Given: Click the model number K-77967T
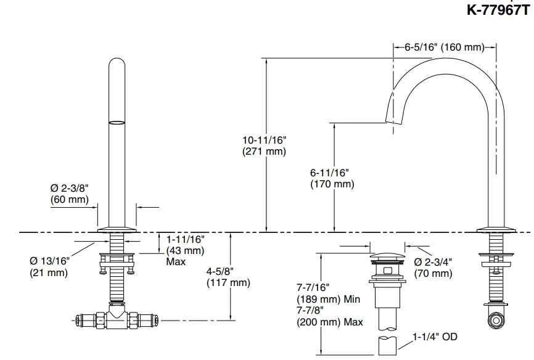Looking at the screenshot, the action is click(x=499, y=10).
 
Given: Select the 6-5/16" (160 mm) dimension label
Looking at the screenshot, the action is click(x=445, y=47).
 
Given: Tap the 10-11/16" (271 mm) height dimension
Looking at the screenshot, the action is click(x=265, y=145).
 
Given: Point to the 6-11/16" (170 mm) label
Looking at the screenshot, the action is click(x=332, y=179).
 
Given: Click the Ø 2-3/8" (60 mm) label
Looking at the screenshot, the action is click(x=70, y=194).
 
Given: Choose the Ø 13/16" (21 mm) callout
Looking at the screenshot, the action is click(x=49, y=267).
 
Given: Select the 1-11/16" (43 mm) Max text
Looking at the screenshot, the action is click(x=185, y=250).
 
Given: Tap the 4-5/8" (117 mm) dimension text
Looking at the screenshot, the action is click(x=228, y=277).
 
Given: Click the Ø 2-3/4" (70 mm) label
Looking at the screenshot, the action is click(x=433, y=268).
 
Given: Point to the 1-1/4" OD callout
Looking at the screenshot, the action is click(x=435, y=337).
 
